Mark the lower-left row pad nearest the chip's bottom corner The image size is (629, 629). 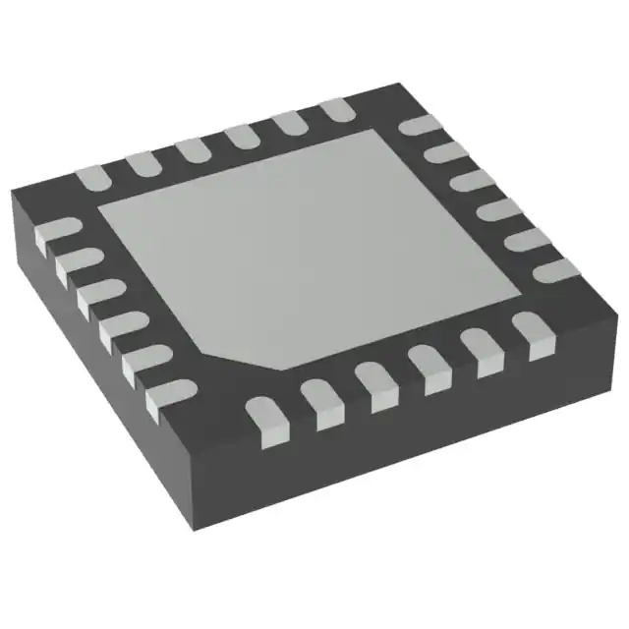163,396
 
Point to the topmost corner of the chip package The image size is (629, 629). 393,85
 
